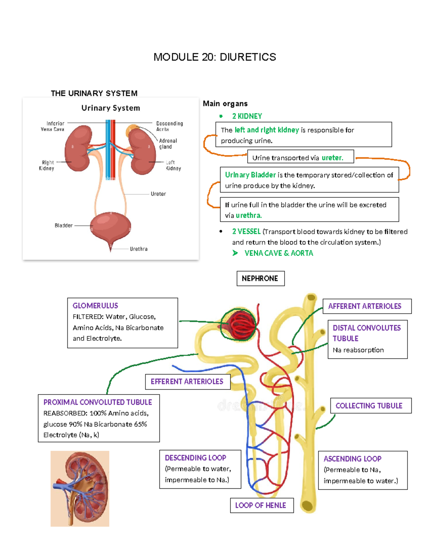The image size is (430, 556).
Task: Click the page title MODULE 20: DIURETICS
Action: [215, 57]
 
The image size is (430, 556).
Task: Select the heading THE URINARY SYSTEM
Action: [94, 93]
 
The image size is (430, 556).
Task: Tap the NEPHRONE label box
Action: [260, 279]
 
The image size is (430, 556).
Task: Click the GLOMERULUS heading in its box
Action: [95, 306]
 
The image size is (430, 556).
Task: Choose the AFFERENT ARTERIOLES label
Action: [365, 306]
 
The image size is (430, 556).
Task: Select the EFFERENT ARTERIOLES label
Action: [187, 382]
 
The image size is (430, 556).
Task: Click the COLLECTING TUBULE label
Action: [369, 406]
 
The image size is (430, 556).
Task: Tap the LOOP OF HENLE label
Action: [261, 506]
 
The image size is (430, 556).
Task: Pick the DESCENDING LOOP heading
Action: [195, 458]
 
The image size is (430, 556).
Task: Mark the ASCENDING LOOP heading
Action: [352, 459]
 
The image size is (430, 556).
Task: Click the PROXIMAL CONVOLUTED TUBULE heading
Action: [97, 402]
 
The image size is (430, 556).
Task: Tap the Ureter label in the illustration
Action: [158, 194]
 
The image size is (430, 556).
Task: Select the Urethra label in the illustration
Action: [139, 249]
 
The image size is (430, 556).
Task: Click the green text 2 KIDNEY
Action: [247, 116]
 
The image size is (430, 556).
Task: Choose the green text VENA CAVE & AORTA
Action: [278, 253]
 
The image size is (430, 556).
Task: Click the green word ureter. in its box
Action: [332, 158]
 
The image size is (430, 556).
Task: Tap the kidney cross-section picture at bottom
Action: [80, 489]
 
